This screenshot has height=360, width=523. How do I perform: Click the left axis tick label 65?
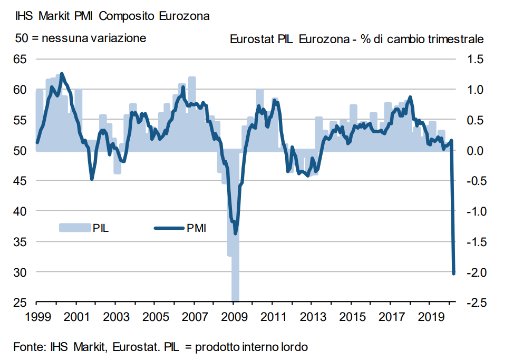(20, 59)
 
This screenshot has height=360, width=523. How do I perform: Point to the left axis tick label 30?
(20, 272)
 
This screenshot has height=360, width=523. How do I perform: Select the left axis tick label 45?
(20, 181)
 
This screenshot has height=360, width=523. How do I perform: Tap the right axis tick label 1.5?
(475, 59)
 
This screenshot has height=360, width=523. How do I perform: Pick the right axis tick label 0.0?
(475, 151)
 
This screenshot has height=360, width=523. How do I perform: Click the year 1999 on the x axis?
(36, 318)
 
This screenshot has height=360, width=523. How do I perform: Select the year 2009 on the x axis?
(233, 318)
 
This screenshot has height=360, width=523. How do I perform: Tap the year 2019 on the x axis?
(429, 318)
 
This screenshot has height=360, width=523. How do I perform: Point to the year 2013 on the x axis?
(311, 318)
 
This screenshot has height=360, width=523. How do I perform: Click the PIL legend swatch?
(74, 228)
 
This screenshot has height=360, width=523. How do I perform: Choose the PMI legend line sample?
(169, 228)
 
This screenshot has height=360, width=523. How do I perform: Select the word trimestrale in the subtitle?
(457, 40)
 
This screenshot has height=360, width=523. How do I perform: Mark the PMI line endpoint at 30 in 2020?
(453, 273)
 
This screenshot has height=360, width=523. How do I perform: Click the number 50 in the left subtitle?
(21, 38)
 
